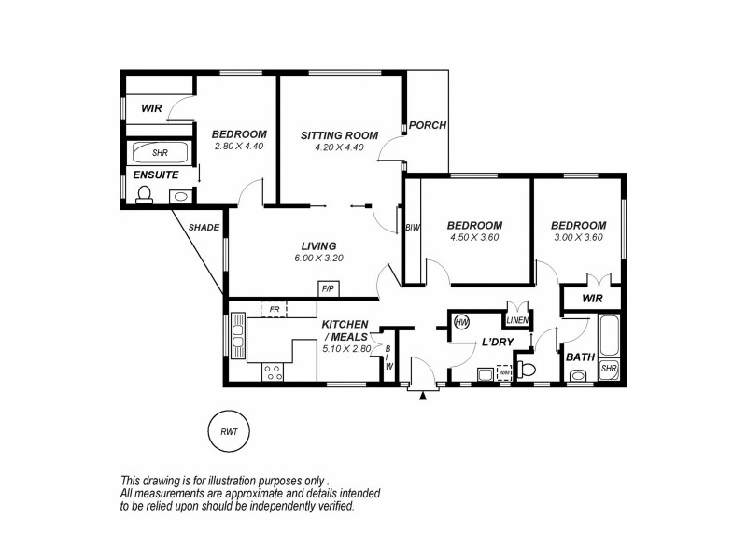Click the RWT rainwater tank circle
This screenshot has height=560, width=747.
(x=228, y=431)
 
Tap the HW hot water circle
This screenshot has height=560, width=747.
(x=461, y=323)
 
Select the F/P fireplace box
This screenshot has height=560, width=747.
(x=329, y=289)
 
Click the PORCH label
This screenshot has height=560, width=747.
(x=428, y=126)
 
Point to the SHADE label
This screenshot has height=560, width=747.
(x=204, y=227)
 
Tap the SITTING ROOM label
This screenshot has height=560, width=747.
(x=339, y=135)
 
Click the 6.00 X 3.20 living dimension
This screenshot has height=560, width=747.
(x=317, y=258)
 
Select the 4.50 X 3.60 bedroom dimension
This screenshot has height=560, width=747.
(x=474, y=238)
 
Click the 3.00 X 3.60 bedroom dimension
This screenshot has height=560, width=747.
(x=578, y=238)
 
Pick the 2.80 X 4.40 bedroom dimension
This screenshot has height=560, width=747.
(x=239, y=146)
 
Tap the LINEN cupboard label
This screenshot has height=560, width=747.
(x=517, y=320)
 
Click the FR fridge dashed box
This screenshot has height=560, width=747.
(x=274, y=308)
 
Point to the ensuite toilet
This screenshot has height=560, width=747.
(x=145, y=194)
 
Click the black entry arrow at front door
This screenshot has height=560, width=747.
(x=424, y=396)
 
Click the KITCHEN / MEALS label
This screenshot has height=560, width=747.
(x=345, y=330)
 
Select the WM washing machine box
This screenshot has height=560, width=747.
(x=505, y=372)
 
